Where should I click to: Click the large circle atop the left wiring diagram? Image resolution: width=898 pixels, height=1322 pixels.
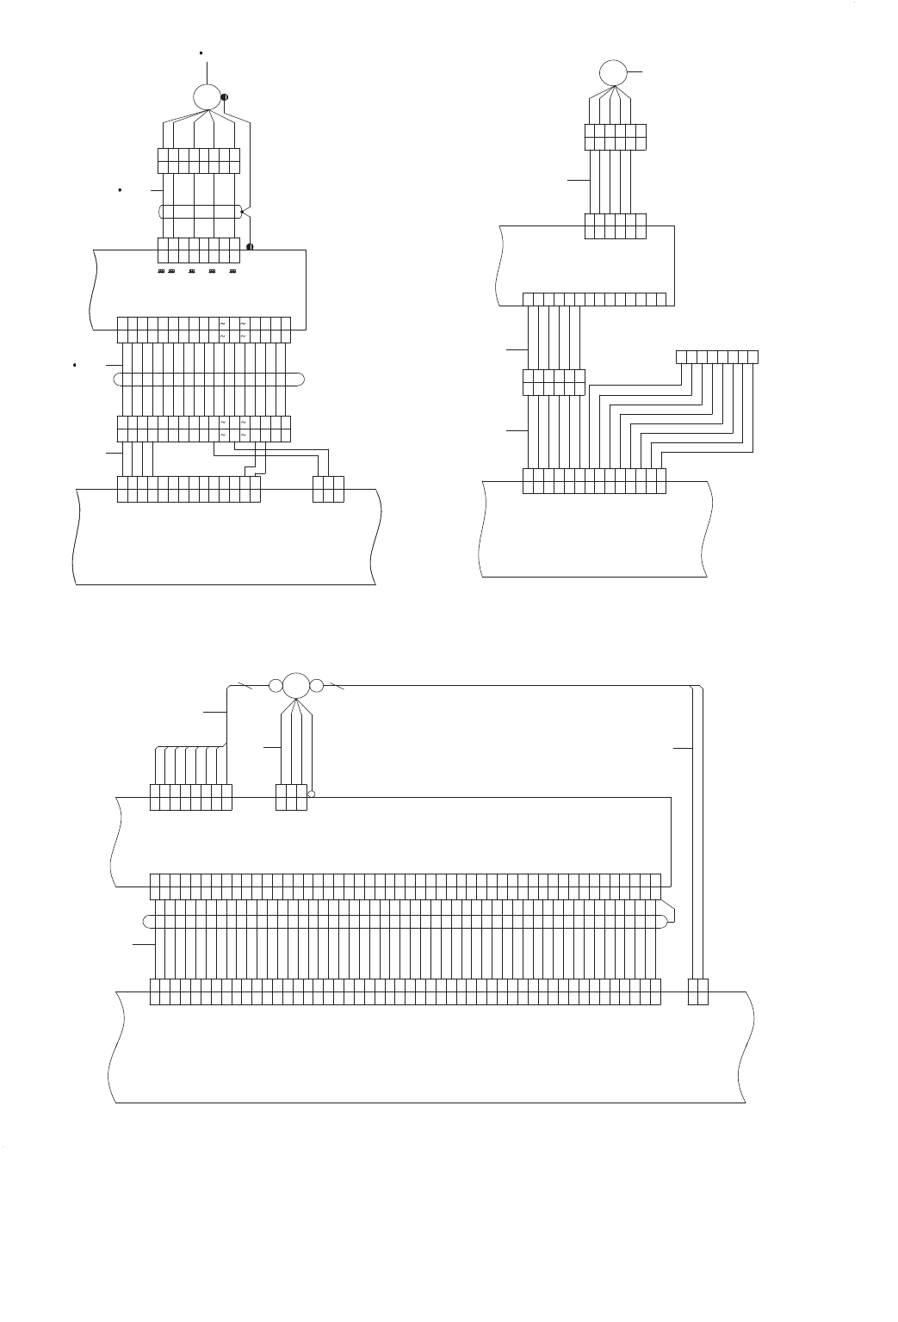click(x=207, y=96)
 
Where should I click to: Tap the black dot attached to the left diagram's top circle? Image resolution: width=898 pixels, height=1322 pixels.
click(x=225, y=97)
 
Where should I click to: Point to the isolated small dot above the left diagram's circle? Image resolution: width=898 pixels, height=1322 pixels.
click(x=201, y=53)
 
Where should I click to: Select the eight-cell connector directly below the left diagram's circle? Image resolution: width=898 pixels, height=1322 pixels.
click(x=199, y=161)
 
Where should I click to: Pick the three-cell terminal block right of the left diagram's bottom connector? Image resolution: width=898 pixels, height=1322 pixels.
click(x=329, y=489)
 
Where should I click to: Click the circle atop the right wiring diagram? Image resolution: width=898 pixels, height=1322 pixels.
click(x=614, y=73)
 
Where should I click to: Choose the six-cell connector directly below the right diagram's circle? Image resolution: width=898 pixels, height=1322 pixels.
click(x=615, y=138)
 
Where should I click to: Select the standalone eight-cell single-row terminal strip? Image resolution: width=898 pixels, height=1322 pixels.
click(x=717, y=356)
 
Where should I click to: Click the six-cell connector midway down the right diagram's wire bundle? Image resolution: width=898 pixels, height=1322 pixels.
click(x=554, y=382)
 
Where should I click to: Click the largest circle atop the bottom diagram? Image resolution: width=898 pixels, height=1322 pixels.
click(x=295, y=685)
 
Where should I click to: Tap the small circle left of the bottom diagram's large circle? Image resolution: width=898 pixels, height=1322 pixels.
click(x=275, y=686)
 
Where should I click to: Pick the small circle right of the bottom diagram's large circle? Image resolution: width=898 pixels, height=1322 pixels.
click(x=316, y=686)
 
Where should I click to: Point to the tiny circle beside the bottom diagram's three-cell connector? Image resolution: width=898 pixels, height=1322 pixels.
click(x=312, y=794)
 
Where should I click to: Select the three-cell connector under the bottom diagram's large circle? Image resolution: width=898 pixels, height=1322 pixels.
click(x=291, y=797)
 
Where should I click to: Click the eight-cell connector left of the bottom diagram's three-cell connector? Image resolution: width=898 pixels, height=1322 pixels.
click(x=191, y=797)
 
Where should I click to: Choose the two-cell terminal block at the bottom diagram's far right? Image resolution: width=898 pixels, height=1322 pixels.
click(x=698, y=991)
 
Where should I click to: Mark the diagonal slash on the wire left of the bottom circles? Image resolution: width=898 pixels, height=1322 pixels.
click(x=246, y=686)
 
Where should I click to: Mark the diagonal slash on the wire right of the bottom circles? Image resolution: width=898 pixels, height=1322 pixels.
click(x=338, y=686)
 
